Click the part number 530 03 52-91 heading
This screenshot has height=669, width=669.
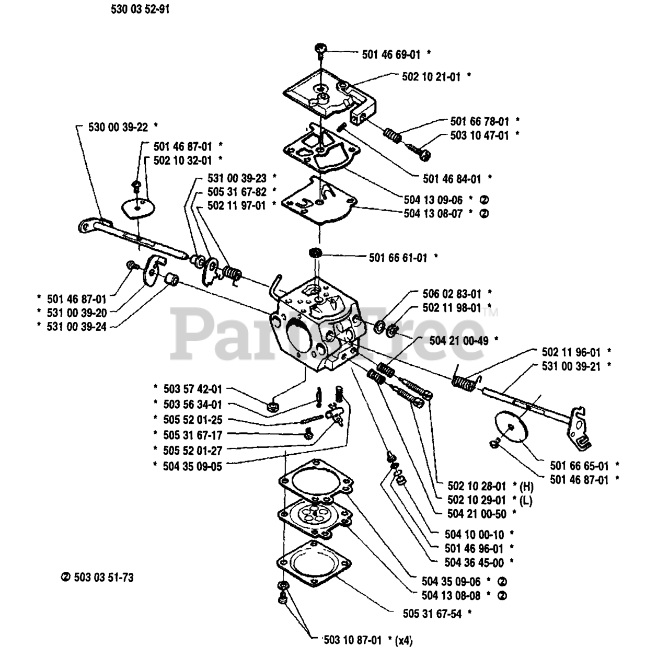pyautogui.click(x=140, y=10)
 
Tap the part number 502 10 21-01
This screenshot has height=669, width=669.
pyautogui.click(x=431, y=76)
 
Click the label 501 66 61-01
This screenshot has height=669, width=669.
pyautogui.click(x=398, y=257)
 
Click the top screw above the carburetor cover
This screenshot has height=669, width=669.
pyautogui.click(x=319, y=50)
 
